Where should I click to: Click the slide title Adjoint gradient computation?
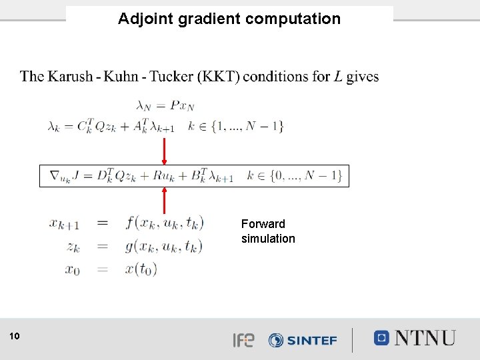coord(229,19)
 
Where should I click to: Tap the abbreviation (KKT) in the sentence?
coord(216,77)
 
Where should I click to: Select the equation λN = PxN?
coord(164,105)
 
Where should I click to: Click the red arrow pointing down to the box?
coord(164,149)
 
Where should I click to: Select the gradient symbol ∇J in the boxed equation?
coord(65,176)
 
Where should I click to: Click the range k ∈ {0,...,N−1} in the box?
coord(294,176)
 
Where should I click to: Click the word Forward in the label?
coord(263,224)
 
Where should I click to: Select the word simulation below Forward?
coord(268,239)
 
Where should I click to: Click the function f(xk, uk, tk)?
coord(164,223)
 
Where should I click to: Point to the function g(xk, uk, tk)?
coord(164,246)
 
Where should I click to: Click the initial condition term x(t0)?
coord(140,269)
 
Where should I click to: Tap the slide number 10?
coord(15,337)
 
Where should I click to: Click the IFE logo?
coord(243,340)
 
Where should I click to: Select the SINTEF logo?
coord(302,340)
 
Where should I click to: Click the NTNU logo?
coord(415,338)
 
